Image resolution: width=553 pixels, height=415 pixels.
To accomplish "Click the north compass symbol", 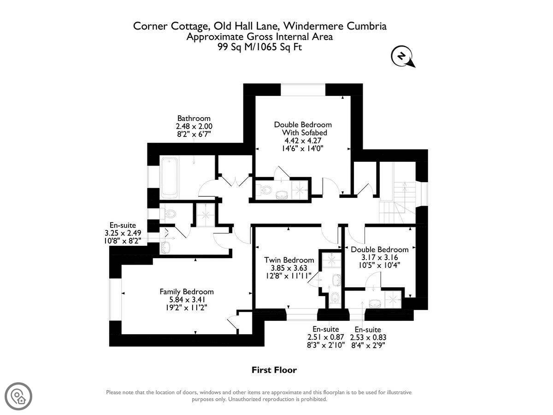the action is point(402,57).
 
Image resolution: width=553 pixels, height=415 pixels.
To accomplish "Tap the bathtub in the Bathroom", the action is point(169,178).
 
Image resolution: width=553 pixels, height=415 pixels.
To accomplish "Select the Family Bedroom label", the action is point(187,291).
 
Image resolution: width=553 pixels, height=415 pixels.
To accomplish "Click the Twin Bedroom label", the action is point(289,260).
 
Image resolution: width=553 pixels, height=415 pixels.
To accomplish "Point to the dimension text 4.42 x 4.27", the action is point(303,140).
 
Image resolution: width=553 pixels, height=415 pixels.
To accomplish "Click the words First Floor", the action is point(274,370).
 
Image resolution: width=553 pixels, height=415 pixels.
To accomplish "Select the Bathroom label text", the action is point(194,118).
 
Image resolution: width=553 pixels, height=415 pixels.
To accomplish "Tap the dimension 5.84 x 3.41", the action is point(187,299).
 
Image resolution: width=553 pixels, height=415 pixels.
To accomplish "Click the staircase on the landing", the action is point(397,202).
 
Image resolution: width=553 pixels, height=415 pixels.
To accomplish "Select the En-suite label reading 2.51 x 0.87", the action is point(325,337).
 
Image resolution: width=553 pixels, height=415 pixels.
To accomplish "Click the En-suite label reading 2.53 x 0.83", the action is point(368,337).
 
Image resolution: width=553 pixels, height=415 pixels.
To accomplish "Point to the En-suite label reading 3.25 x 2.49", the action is point(123,233).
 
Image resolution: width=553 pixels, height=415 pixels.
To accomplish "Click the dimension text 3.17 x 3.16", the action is point(379,257).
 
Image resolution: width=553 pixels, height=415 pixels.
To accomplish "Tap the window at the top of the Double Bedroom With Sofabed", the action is point(303,89).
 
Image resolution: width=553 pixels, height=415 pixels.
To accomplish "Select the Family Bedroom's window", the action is point(115,300).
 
